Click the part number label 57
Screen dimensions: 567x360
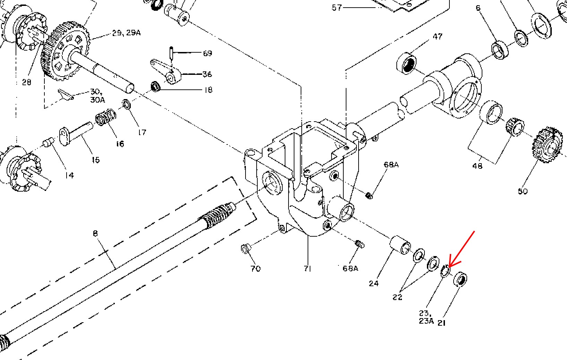pos(337,8)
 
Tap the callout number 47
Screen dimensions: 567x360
pos(437,36)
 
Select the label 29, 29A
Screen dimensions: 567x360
pos(126,33)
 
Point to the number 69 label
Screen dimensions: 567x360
pos(208,53)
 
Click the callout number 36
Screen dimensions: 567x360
pos(207,74)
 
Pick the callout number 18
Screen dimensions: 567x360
pos(208,90)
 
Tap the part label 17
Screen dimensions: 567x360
pos(142,132)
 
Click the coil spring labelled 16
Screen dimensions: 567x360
pos(106,117)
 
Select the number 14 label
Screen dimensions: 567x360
pos(69,175)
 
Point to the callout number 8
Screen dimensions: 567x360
pos(95,233)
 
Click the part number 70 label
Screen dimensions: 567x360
pos(255,269)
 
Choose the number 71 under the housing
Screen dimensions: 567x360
pos(307,269)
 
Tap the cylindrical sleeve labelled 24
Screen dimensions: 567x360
pos(400,245)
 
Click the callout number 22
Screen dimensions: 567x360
pos(397,297)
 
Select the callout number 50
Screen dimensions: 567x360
pos(523,191)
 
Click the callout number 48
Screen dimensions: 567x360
pos(478,166)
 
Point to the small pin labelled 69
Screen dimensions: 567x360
pos(171,53)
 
